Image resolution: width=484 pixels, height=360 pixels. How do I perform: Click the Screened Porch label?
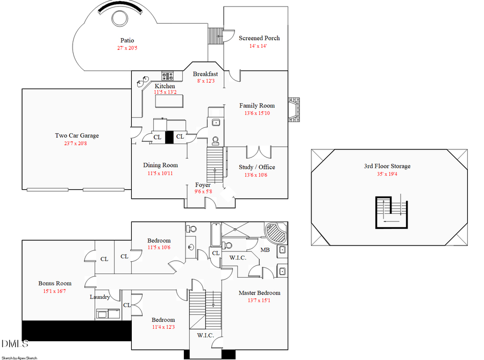click(x=259, y=38)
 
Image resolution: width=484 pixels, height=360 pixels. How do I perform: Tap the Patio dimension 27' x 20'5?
click(x=127, y=48)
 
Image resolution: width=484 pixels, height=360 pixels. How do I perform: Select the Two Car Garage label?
click(x=77, y=135)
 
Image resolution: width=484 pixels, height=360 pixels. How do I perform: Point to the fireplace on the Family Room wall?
click(x=294, y=111)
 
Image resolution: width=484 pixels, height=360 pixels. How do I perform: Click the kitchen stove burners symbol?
click(x=168, y=76)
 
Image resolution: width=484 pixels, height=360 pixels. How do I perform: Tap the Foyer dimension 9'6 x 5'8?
click(x=203, y=191)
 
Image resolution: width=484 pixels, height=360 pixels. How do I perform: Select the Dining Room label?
click(x=160, y=165)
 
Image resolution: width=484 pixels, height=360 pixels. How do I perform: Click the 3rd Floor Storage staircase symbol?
click(x=392, y=213)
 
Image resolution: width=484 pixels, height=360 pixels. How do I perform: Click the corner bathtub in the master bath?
click(x=277, y=234)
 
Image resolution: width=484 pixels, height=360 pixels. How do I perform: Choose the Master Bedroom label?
click(x=260, y=293)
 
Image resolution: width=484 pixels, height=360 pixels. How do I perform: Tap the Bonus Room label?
click(x=55, y=283)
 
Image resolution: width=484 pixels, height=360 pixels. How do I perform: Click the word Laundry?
click(x=100, y=297)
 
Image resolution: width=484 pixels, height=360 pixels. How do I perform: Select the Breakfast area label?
click(x=205, y=74)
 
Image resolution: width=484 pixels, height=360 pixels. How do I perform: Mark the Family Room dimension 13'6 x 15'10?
click(x=257, y=113)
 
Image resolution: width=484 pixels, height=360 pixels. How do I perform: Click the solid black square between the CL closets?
click(x=169, y=138)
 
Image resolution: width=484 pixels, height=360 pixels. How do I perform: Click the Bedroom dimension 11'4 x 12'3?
click(x=163, y=327)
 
